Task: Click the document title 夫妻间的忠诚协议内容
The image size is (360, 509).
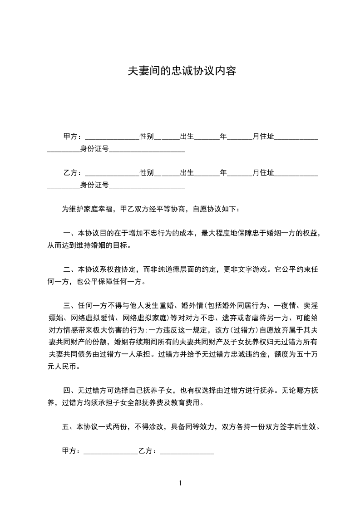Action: pos(182,71)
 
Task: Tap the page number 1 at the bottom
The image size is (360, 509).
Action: pos(180,483)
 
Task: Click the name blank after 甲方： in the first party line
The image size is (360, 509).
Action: pos(112,137)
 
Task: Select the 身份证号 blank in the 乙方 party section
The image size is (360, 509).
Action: pos(147,185)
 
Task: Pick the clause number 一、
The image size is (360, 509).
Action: pos(70,234)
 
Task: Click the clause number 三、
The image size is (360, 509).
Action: pos(70,304)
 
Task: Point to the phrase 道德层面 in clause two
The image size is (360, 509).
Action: pos(178,269)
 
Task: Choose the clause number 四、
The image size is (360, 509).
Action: pos(70,390)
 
